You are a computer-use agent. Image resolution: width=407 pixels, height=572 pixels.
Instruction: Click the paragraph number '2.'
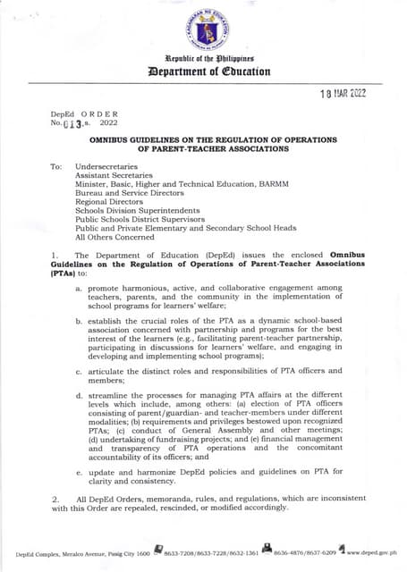pos(55,498)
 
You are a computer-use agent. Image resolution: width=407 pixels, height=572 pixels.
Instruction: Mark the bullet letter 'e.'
pos(80,470)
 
